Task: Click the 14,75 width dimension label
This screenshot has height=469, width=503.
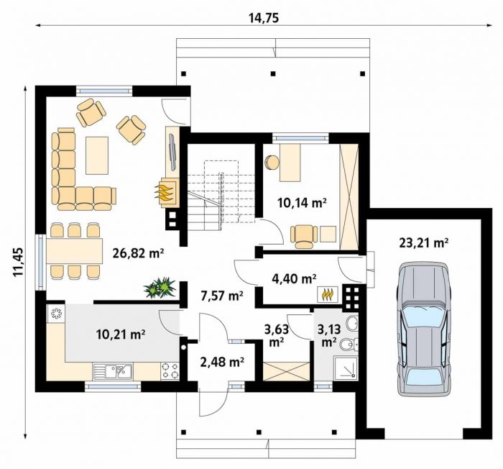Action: (x=264, y=19)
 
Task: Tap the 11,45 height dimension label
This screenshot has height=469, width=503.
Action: (x=18, y=262)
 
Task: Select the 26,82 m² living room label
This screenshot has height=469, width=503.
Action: (x=139, y=253)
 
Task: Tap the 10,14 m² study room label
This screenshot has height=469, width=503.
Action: (x=302, y=203)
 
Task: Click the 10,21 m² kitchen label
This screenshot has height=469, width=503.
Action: (x=121, y=334)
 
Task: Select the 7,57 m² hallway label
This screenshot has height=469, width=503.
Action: (x=221, y=295)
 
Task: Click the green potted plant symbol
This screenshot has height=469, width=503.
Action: (x=160, y=287)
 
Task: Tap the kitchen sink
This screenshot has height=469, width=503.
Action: (x=113, y=371)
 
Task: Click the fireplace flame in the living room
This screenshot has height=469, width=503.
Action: (x=165, y=192)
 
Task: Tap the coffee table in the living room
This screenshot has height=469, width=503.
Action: (x=97, y=155)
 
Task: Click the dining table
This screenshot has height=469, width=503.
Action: (x=75, y=251)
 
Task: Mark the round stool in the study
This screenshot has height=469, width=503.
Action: (x=272, y=162)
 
